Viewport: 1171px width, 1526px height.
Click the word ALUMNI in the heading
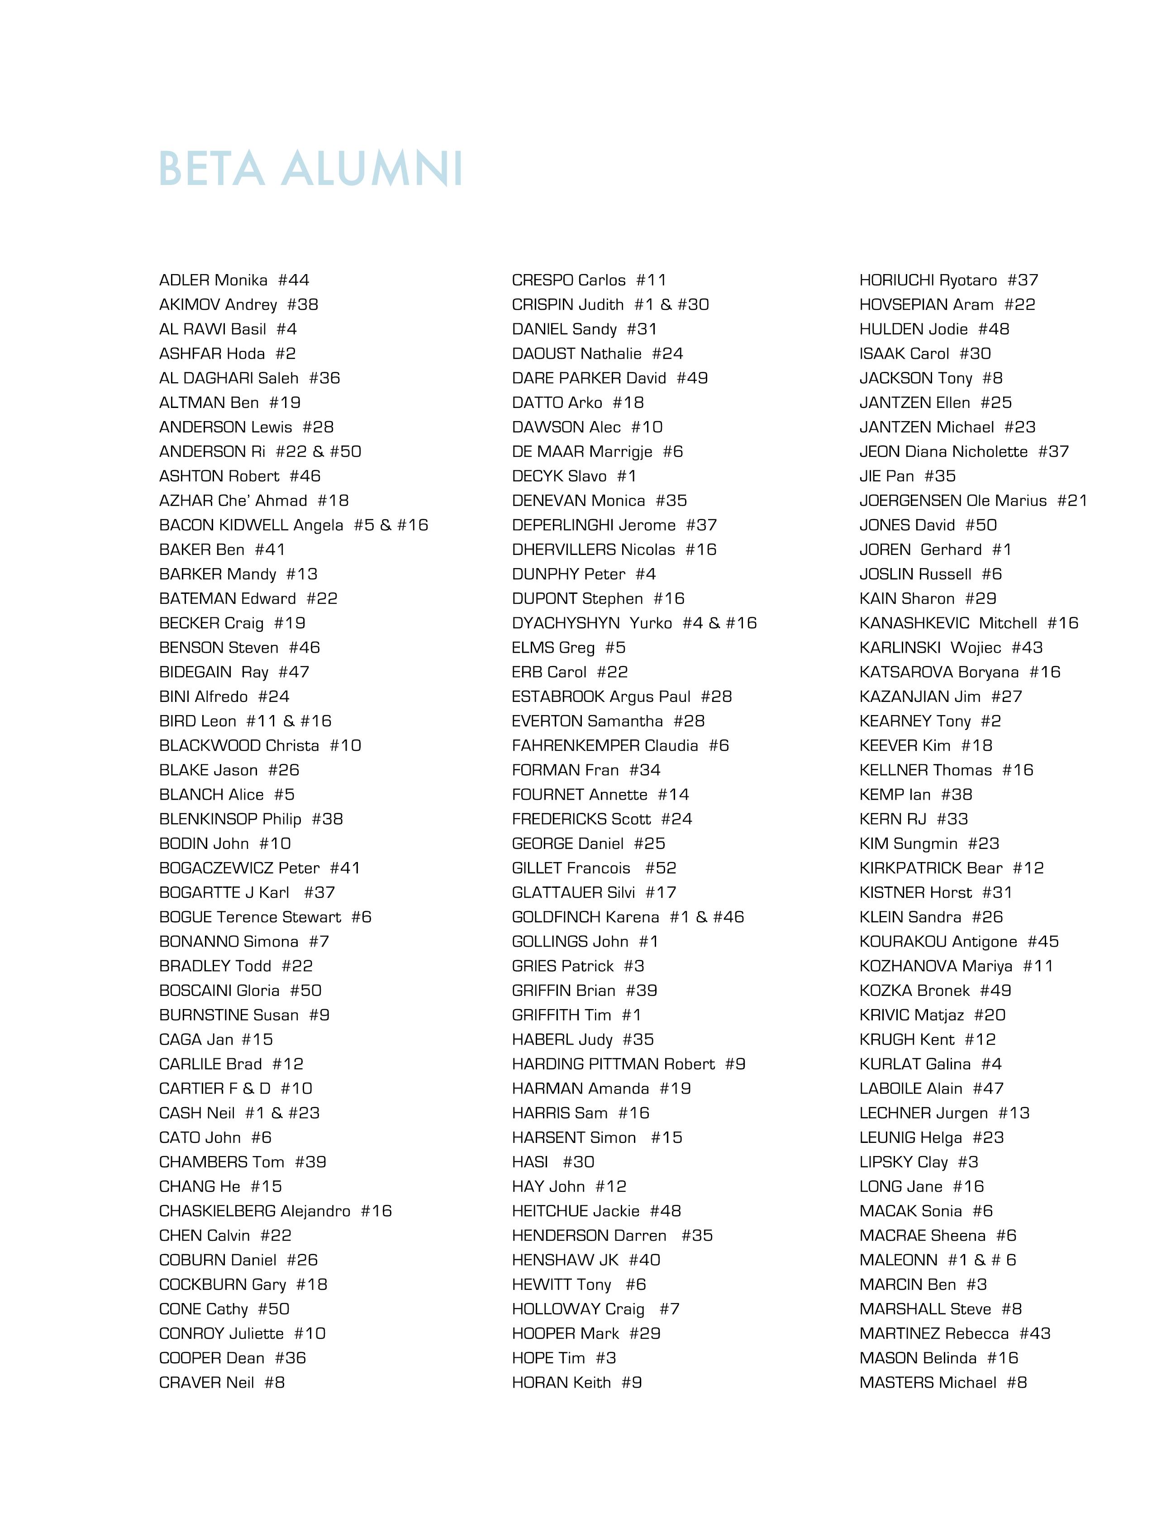(x=372, y=169)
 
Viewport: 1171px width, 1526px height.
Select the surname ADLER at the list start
(x=184, y=280)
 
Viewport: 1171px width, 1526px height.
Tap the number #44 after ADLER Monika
(x=294, y=280)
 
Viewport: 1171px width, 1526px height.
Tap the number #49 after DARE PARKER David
(x=692, y=379)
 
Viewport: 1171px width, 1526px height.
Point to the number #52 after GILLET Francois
(x=661, y=868)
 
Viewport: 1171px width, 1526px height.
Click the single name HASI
(x=530, y=1162)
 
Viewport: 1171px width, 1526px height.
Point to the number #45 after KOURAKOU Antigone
(x=1043, y=942)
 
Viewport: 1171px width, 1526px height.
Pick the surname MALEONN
(x=899, y=1260)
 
